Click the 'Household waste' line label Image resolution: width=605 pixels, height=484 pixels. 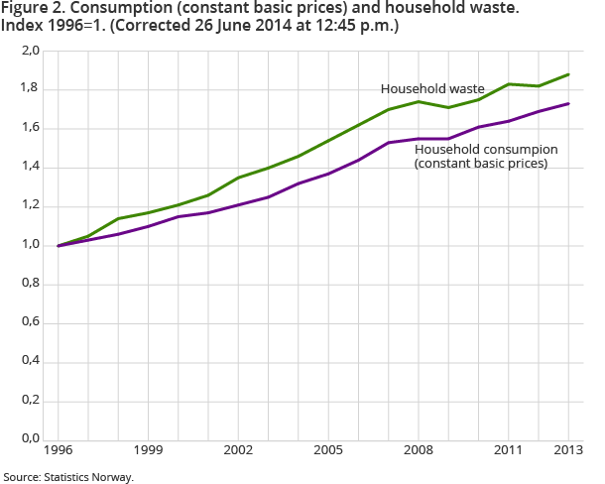(432, 88)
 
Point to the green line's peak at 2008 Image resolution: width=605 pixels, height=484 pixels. (419, 101)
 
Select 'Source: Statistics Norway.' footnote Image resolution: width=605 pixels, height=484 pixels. (68, 476)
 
